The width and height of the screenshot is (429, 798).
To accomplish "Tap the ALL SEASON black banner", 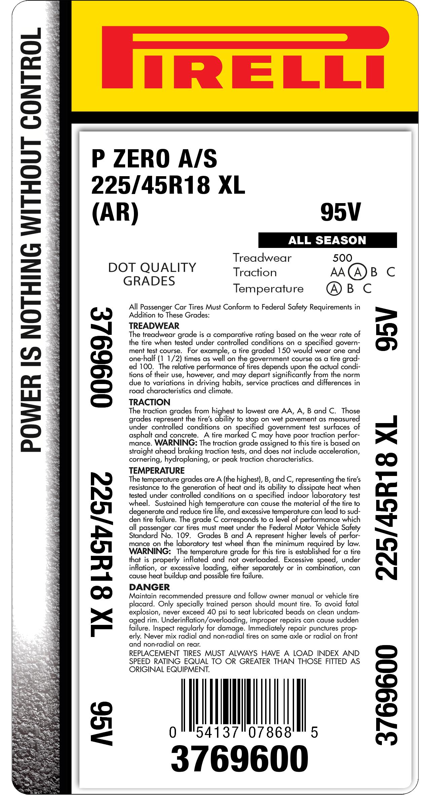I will tap(327, 240).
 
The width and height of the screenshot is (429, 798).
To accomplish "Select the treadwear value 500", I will tap(342, 258).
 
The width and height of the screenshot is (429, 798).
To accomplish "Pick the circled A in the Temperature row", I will tap(334, 288).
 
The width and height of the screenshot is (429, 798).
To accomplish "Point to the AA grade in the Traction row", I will tap(337, 272).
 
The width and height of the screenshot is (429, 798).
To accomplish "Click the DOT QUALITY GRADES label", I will tap(152, 274).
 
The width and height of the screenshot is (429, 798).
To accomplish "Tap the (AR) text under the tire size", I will tap(115, 213).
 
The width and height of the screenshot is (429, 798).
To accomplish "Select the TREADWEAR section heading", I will tap(154, 326).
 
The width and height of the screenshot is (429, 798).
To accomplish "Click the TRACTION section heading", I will tap(149, 402).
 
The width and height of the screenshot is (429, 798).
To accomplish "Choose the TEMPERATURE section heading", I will tap(157, 470).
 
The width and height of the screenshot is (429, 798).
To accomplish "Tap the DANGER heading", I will tap(149, 587).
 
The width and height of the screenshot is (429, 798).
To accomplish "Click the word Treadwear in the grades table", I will tap(262, 258).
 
